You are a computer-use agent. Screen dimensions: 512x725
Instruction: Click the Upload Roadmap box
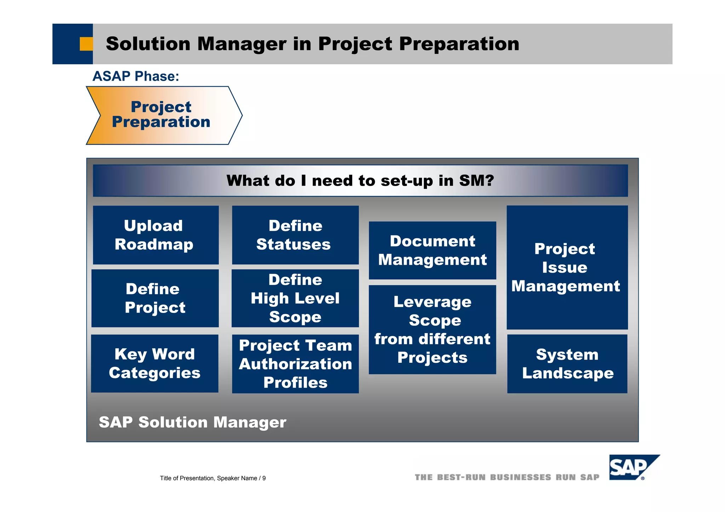click(x=156, y=235)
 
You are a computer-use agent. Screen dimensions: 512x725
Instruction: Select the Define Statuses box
click(x=295, y=235)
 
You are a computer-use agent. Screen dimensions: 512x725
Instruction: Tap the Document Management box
click(x=432, y=250)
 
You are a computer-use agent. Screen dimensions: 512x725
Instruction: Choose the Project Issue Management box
click(x=567, y=267)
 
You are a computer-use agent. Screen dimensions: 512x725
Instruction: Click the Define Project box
click(x=155, y=298)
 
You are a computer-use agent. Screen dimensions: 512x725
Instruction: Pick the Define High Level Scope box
click(x=295, y=298)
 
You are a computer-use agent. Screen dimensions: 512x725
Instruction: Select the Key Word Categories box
click(x=155, y=363)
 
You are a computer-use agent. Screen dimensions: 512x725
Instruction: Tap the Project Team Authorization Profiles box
click(x=295, y=363)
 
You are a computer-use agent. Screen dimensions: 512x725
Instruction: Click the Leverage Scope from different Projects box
click(x=432, y=330)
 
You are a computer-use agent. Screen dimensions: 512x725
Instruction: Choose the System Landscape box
click(x=567, y=363)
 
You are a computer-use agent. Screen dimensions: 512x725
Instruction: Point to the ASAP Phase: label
click(x=136, y=76)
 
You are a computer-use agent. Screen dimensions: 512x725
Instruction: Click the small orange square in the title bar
click(x=86, y=44)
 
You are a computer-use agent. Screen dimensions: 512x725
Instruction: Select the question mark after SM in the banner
click(x=489, y=180)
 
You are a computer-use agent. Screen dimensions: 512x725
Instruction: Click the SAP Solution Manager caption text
click(x=192, y=422)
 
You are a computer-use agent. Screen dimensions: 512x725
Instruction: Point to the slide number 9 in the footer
click(x=264, y=478)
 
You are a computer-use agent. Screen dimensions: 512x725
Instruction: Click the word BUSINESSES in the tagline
click(x=520, y=477)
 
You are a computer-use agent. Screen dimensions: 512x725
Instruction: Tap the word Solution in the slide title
click(x=148, y=44)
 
